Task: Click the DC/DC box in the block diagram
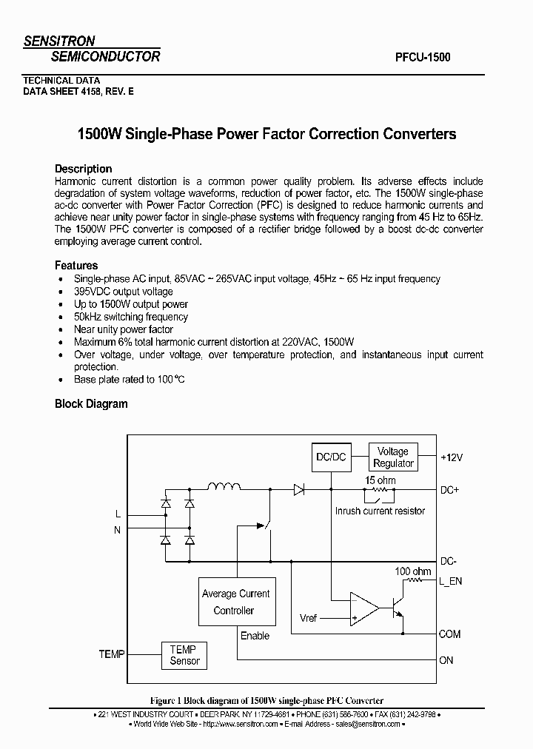[x=331, y=457]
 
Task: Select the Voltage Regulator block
[x=393, y=457]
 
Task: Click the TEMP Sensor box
[x=184, y=655]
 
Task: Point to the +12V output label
[x=451, y=457]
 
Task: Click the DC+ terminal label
[x=450, y=490]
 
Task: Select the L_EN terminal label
[x=450, y=581]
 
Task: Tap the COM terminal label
[x=449, y=634]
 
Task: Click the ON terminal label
[x=446, y=660]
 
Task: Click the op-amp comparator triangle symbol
[x=363, y=608]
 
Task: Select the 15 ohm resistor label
[x=381, y=480]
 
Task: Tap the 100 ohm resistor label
[x=412, y=571]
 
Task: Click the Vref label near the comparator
[x=308, y=618]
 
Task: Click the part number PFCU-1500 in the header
[x=418, y=56]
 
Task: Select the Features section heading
[x=76, y=265]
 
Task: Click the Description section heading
[x=83, y=168]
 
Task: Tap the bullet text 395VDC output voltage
[x=123, y=292]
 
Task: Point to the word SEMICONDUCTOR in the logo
[x=104, y=56]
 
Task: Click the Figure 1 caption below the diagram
[x=266, y=700]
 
